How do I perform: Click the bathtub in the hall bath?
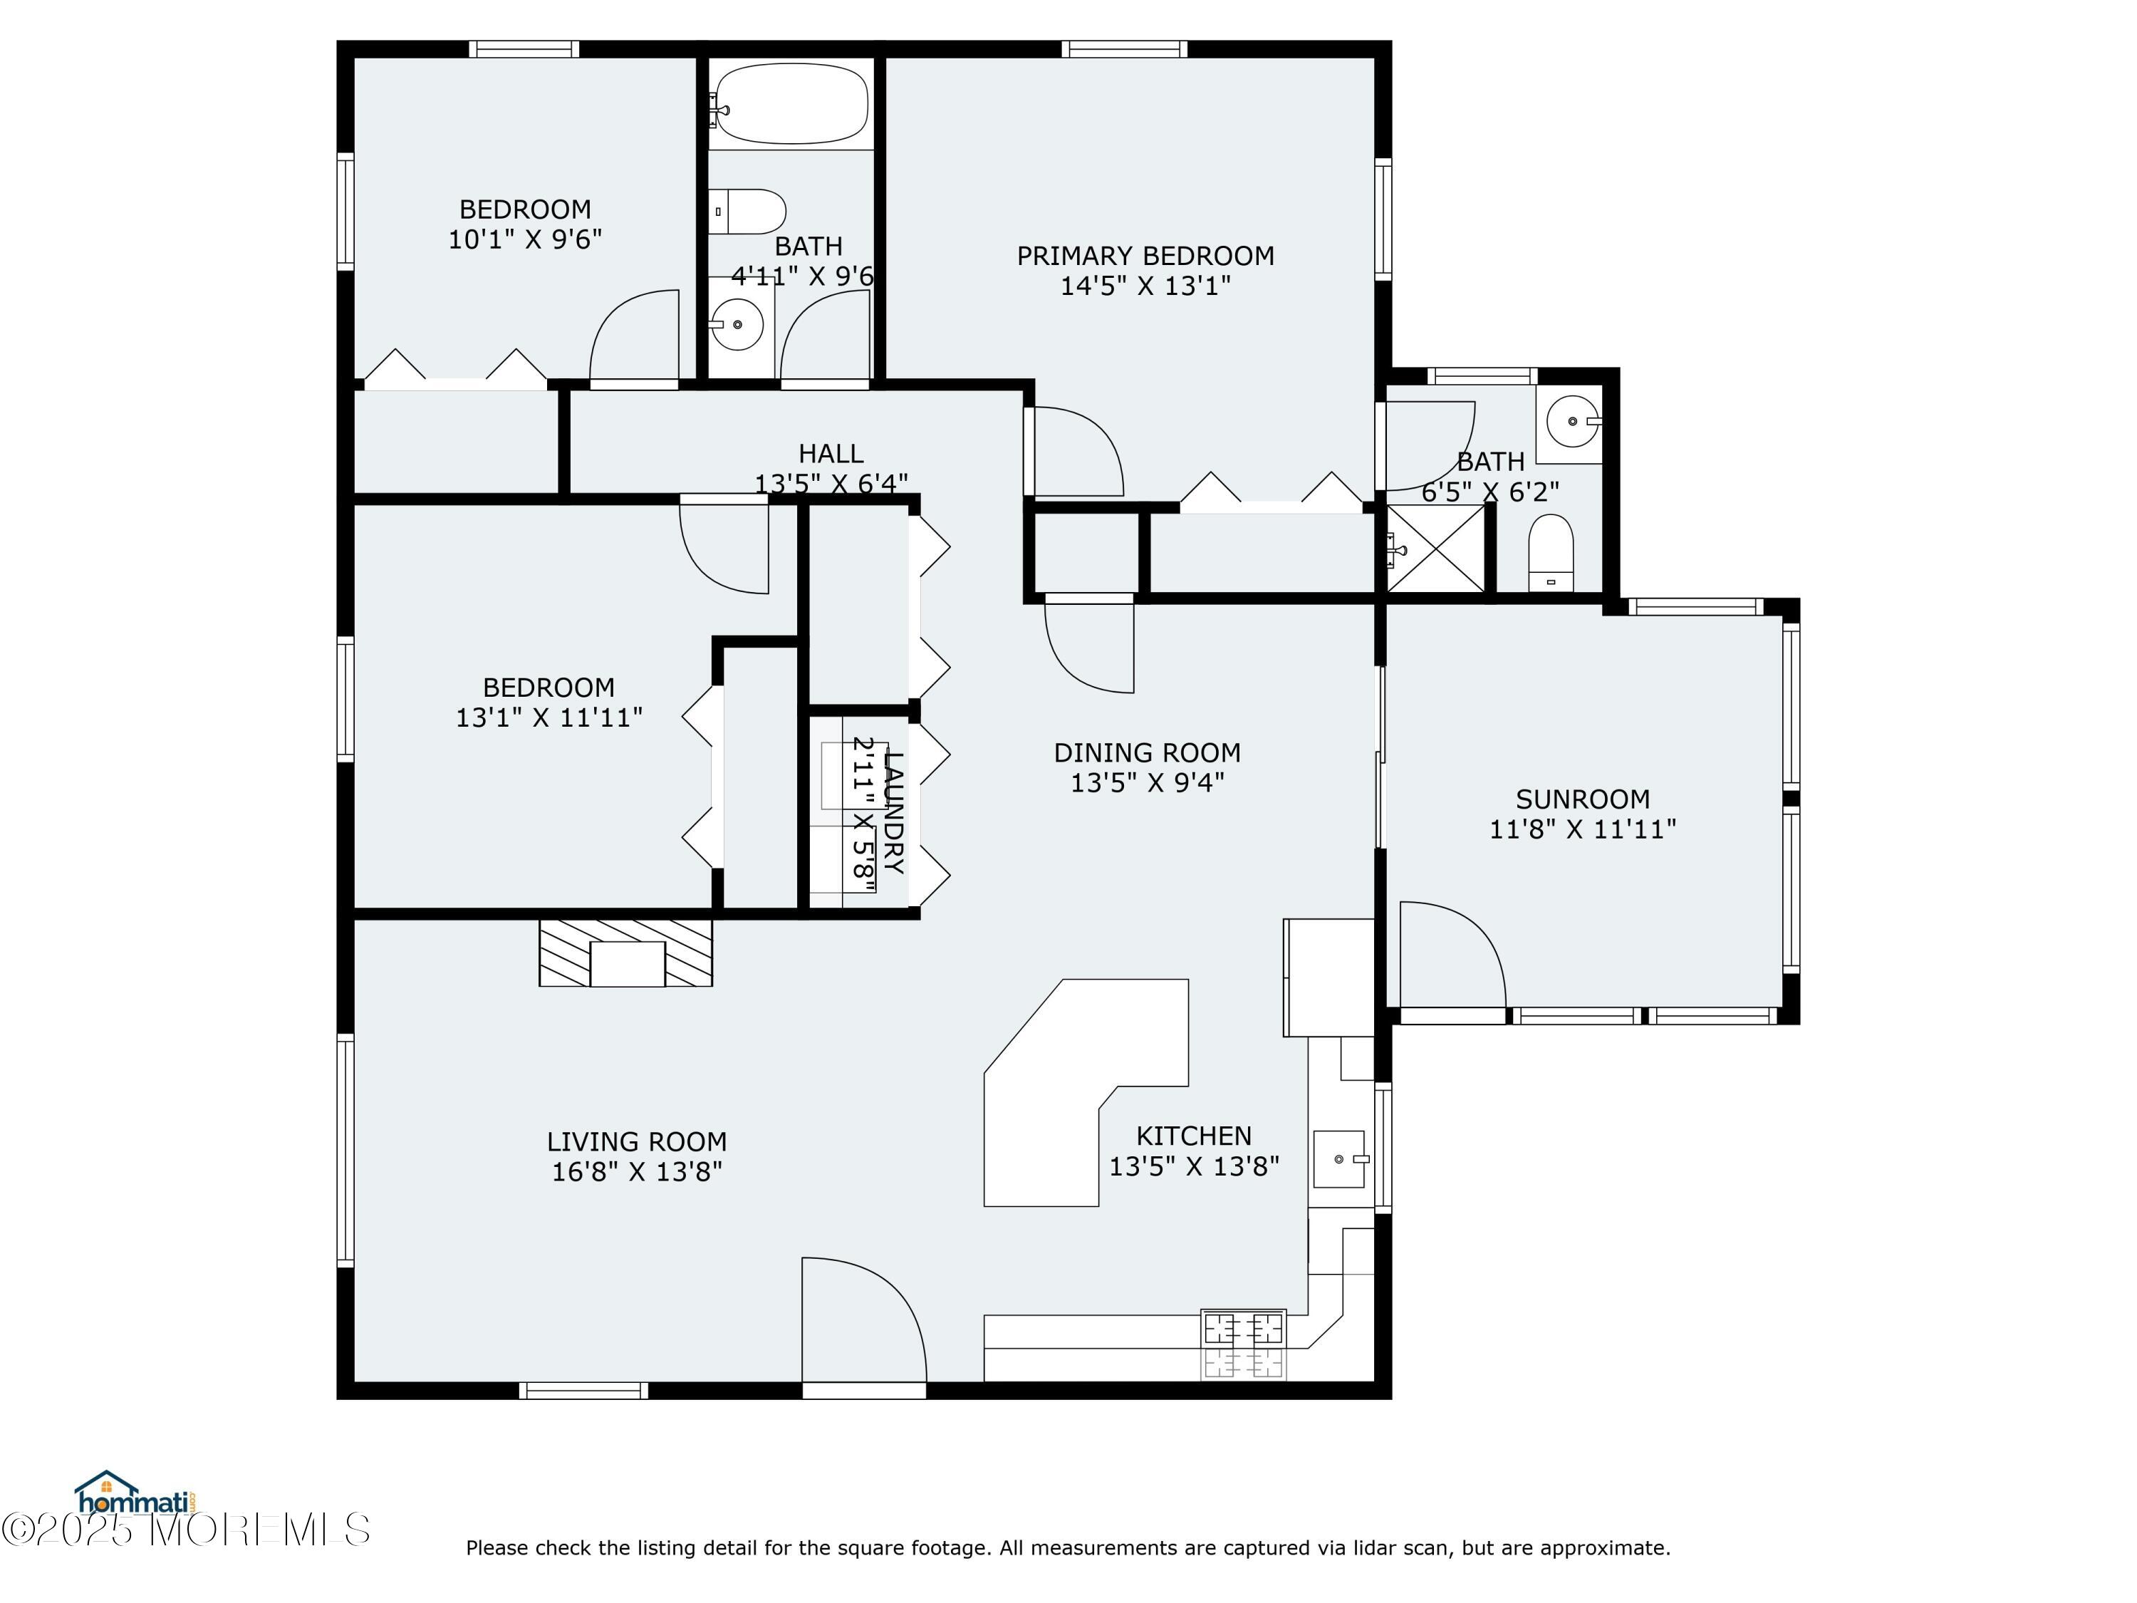[790, 103]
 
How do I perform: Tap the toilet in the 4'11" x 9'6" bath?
[748, 212]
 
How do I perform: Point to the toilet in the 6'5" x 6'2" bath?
[1551, 554]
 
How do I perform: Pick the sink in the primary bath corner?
[1572, 421]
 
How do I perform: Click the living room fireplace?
[626, 953]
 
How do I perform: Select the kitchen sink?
[1341, 1158]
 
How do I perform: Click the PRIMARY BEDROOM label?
[1145, 256]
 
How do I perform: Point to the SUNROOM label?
[1583, 799]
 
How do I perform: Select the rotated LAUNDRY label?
[894, 811]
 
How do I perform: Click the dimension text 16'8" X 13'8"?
[637, 1172]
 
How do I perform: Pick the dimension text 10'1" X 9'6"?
[524, 239]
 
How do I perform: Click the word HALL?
[831, 453]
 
